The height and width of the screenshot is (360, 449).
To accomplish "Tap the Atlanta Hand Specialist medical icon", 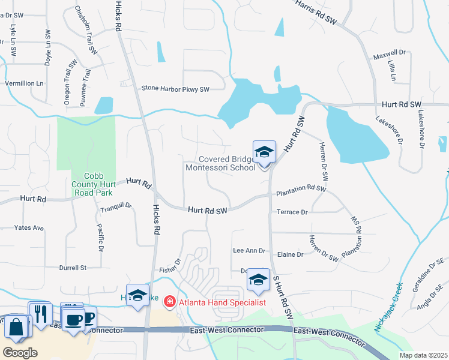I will pos(170,301).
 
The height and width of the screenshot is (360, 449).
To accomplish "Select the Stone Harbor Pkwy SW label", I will pos(175,89).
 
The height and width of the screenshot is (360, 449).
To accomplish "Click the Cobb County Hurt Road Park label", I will pos(96,181).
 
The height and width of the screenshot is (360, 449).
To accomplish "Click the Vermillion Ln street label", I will pos(25,83).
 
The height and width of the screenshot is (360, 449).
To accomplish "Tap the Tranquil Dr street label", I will pos(116,206).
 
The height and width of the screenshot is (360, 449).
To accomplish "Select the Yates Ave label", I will pos(29,228).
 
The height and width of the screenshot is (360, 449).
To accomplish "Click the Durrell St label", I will pos(73,268).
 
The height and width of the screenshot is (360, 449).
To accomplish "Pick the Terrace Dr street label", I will pos(292,212).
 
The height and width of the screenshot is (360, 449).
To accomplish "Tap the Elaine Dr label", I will pos(291,254).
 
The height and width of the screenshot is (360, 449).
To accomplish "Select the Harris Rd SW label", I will pos(316,12).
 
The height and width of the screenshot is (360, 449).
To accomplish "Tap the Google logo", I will pos(20,353).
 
